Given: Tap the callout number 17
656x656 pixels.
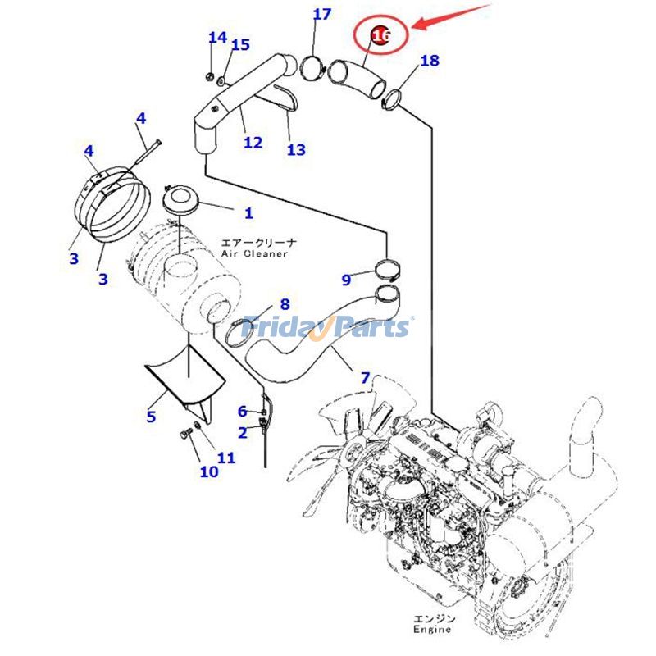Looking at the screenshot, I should coord(322,15).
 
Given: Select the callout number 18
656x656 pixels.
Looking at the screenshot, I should coord(429,61).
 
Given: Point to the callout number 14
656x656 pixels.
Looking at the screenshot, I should coord(217,38).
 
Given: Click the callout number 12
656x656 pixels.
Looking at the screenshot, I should coord(253,143).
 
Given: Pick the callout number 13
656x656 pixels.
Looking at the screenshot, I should coord(295,149).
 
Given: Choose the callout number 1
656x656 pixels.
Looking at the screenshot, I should coord(248,213).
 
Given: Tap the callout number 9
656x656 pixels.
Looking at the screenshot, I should coord(347,280).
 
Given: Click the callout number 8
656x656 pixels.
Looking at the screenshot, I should coord(285,304).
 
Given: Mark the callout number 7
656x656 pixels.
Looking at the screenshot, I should coord(366,379).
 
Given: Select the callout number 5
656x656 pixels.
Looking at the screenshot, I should coord(151,417).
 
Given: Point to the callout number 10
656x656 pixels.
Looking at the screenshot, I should coord(209,471).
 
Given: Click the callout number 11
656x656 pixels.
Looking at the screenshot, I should coord(226,458).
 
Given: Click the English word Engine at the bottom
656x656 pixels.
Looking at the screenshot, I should coord(431,630).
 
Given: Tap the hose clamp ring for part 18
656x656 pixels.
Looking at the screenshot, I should coord(393,100).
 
